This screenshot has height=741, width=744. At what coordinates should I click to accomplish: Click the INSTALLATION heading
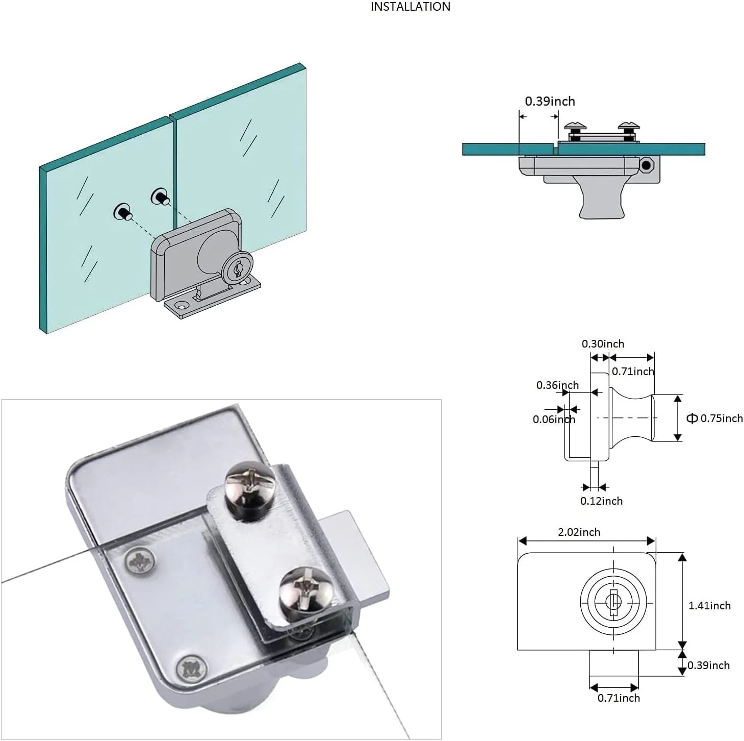410,7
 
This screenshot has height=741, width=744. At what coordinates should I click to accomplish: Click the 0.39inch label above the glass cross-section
550,101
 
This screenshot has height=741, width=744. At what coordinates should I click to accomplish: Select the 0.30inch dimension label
603,344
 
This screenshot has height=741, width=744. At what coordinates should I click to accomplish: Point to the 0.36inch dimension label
557,385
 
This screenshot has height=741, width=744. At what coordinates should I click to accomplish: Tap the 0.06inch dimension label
553,419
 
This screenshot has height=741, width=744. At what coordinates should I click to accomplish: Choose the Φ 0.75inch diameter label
714,418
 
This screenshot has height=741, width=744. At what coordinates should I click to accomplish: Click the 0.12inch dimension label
601,501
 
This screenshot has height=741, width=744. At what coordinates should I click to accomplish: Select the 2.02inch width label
579,532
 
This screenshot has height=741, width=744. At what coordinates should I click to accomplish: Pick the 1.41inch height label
709,606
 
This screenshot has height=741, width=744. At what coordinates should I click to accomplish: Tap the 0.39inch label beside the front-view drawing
708,665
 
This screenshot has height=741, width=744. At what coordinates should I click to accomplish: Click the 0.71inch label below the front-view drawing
619,698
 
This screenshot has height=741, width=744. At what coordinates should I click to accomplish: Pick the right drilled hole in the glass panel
160,196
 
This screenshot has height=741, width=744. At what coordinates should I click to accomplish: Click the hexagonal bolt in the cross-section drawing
647,165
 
